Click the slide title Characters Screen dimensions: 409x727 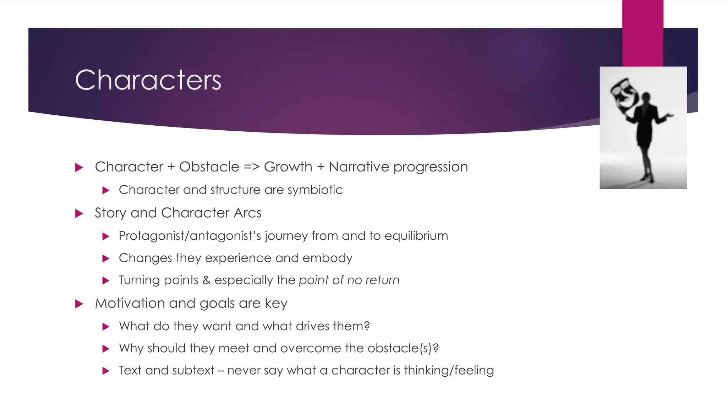148,80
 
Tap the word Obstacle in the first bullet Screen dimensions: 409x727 209,167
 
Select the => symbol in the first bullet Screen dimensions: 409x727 252,167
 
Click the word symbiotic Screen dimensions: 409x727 315,190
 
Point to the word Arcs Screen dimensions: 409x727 247,213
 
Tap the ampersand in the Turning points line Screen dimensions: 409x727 206,280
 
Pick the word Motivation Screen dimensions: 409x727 130,303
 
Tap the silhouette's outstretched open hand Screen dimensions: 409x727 669,115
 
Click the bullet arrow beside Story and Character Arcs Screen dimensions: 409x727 79,213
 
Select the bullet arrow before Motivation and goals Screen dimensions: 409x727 79,304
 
